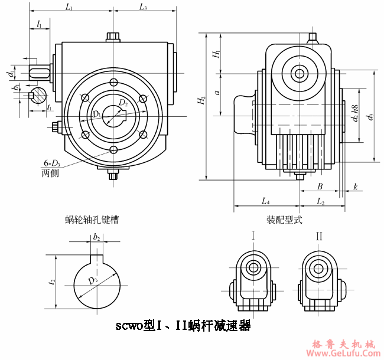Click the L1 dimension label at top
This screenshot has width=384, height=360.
pos(69,7)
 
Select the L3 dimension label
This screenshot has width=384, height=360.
pos(143,7)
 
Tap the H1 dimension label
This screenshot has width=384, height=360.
pos(217,54)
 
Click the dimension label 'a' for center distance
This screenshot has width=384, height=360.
pos(217,93)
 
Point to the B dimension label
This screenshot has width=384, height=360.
pos(320,186)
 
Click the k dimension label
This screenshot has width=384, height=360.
pos(355,186)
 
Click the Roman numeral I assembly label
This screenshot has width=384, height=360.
pos(253,237)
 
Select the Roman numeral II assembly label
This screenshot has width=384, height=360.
pos(319,237)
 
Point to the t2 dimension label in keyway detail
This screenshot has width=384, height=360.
pos(52,282)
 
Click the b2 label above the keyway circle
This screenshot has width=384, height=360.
pos(96,237)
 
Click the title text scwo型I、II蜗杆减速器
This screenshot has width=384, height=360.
pos(183,326)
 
